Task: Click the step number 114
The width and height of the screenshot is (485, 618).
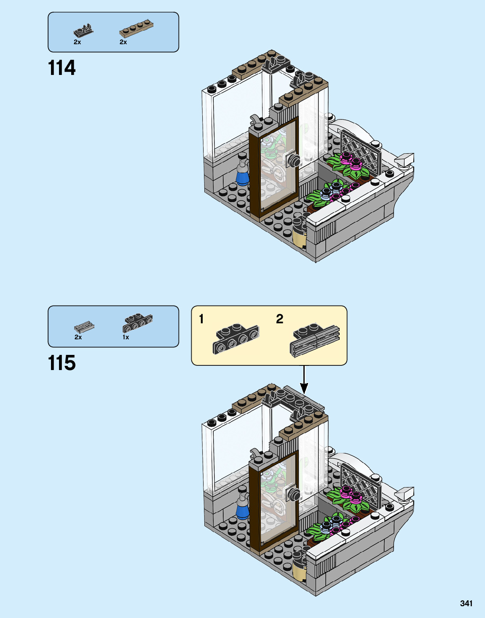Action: point(62,68)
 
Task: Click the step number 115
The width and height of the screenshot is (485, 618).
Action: point(62,363)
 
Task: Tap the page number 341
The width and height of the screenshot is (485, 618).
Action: point(466,603)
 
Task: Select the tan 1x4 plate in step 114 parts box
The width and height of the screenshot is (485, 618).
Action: point(136,28)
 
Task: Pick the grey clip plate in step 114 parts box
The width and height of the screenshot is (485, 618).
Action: point(83,31)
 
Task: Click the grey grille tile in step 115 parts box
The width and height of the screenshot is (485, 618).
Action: point(84,326)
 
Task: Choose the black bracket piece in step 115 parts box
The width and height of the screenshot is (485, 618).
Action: point(137,323)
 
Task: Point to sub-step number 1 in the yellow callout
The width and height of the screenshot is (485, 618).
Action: point(201,319)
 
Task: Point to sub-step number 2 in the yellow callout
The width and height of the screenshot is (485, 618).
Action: point(279,319)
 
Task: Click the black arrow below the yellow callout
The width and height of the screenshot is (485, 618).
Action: point(304,381)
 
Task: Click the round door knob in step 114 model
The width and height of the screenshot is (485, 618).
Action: point(294,160)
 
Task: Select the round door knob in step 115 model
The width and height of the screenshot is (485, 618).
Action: point(294,495)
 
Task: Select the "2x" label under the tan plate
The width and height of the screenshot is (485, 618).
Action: point(123,42)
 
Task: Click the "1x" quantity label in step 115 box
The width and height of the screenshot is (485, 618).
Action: point(126,337)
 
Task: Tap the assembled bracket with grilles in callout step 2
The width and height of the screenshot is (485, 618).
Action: point(315,340)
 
